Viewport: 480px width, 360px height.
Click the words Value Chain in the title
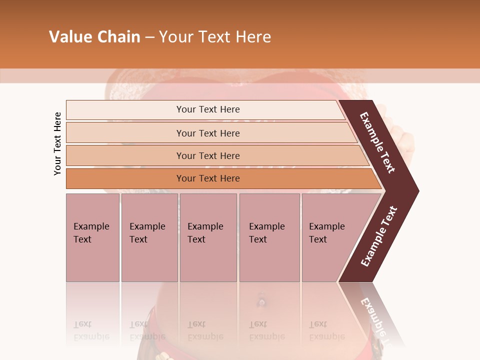coord(94,36)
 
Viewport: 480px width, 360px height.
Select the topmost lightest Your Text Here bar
coord(207,109)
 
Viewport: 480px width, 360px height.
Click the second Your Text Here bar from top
coord(207,133)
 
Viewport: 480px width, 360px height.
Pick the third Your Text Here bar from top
coord(207,155)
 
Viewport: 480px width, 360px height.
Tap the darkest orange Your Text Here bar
coord(207,178)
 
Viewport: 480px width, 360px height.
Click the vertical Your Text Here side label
coord(57,143)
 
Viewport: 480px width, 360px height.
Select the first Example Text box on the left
coord(92,237)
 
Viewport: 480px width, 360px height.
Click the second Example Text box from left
coord(149,237)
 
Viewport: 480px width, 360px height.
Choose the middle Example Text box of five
coord(208,237)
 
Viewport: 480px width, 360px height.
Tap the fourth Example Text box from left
coord(269,237)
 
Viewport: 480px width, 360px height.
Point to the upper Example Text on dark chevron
coord(378,142)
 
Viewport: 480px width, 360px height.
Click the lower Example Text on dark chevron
coord(379,236)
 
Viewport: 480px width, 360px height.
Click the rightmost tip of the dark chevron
coord(417,190)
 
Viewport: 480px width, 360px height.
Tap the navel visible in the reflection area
coord(260,302)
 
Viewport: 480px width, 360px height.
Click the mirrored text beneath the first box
coord(91,330)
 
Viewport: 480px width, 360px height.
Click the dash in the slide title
coord(149,37)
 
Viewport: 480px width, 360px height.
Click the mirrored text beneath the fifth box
coord(326,330)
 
